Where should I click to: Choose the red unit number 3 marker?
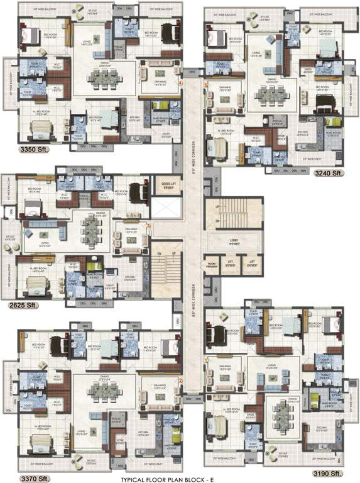(x=148, y=225)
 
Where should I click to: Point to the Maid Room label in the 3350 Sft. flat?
(x=157, y=105)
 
